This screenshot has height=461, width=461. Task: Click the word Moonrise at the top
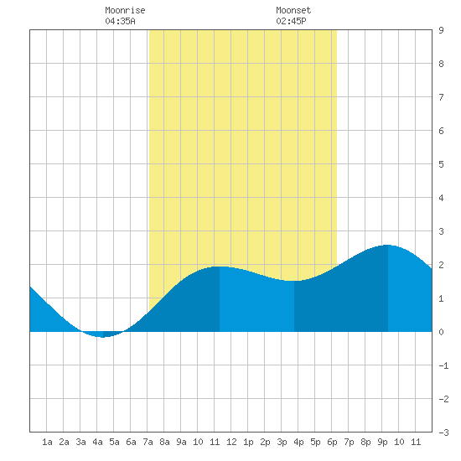(125, 10)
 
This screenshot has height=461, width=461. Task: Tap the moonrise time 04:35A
(120, 21)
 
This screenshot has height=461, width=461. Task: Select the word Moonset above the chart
(293, 10)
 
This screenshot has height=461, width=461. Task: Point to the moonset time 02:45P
(291, 21)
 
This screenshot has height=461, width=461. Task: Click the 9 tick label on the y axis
(441, 30)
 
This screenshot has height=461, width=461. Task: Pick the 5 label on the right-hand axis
(441, 164)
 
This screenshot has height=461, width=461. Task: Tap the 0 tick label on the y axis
(441, 332)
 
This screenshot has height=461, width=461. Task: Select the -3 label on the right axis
(443, 433)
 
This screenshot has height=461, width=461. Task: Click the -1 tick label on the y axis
(443, 365)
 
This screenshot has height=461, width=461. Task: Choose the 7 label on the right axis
(441, 97)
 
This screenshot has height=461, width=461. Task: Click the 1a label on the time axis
(47, 442)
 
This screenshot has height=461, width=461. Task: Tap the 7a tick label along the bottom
(148, 442)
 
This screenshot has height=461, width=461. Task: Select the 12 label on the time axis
(231, 442)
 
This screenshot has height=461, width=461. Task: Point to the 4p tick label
(298, 442)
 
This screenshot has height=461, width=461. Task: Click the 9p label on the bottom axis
(382, 442)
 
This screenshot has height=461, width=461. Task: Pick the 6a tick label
(131, 442)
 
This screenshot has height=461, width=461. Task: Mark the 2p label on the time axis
(265, 442)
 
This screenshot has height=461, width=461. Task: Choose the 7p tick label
(349, 442)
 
